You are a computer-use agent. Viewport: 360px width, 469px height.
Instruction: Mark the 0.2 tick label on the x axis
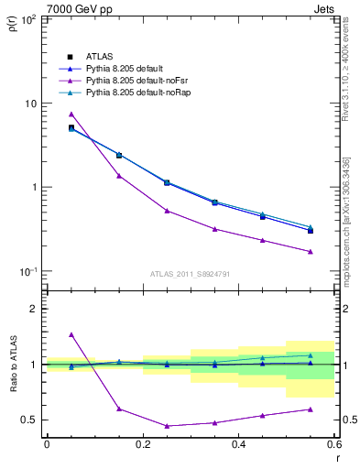point(143,446)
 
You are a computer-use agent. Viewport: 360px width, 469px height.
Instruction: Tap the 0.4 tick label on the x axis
point(239,446)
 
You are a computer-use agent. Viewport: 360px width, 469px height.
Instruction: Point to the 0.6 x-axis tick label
point(334,446)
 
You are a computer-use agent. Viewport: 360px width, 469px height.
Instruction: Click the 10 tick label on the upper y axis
point(30,103)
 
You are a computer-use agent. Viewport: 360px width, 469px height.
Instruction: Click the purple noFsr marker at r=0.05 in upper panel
point(71,114)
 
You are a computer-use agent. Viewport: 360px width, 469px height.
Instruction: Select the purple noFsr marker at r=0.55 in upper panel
point(311,251)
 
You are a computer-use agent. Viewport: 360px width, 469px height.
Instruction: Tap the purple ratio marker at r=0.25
point(167,426)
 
